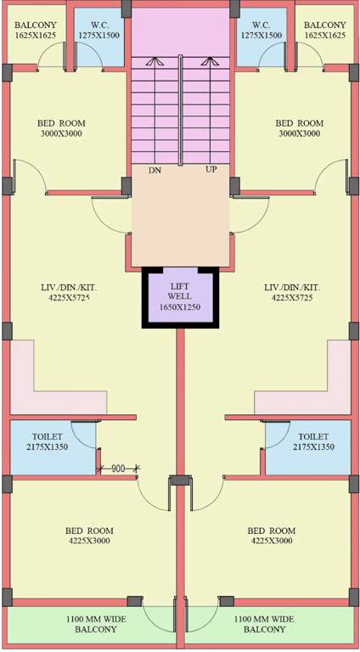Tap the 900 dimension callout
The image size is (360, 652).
click(118, 469)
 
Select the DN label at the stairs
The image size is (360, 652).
click(155, 171)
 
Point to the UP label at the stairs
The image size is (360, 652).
click(211, 171)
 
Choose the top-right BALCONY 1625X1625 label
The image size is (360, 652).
click(324, 30)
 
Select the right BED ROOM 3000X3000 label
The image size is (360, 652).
click(299, 128)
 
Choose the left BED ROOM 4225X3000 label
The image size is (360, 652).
click(89, 537)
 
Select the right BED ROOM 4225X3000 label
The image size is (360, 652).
click(271, 537)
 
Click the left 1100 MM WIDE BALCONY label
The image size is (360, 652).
click(96, 625)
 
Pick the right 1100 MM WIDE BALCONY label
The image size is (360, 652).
click(266, 625)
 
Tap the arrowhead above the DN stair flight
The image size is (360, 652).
click(155, 61)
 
